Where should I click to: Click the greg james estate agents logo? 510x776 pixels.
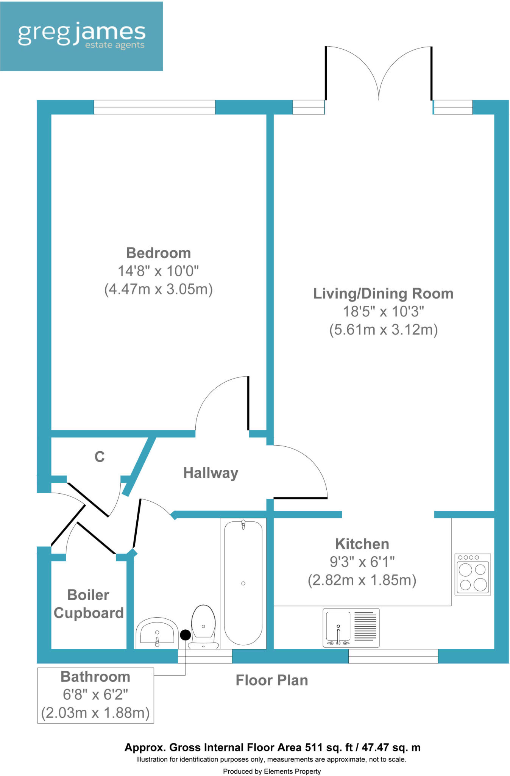pos(81,36)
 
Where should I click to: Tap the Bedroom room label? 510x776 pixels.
pos(158,253)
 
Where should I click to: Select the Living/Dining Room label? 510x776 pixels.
pos(383,294)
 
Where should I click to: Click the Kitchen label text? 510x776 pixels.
pos(362,544)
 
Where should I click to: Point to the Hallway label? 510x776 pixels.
pos(211,473)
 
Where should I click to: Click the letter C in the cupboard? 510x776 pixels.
pos(99,457)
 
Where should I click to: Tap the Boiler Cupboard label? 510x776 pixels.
pos(89,604)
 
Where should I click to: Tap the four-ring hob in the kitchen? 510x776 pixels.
pos(473,574)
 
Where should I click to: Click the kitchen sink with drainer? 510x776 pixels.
pos(351,627)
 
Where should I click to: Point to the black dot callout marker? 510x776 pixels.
pos(185,635)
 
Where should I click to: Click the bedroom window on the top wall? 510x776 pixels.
pos(154,107)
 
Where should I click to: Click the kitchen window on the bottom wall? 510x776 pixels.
pos(393,656)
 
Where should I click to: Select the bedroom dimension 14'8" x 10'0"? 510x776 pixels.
pos(158,271)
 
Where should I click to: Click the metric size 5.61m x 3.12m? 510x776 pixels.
pos(383,330)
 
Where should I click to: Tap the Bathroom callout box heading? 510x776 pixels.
pos(95,677)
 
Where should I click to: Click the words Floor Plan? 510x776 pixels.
pos(271,681)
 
